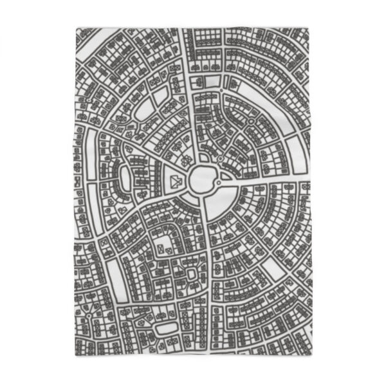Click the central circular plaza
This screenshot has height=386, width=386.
(x=201, y=181)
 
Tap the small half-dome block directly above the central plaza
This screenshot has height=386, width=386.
(x=203, y=156)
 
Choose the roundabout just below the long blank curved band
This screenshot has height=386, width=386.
(x=250, y=120)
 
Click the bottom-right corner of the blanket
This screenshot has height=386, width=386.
(x=311, y=356)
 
